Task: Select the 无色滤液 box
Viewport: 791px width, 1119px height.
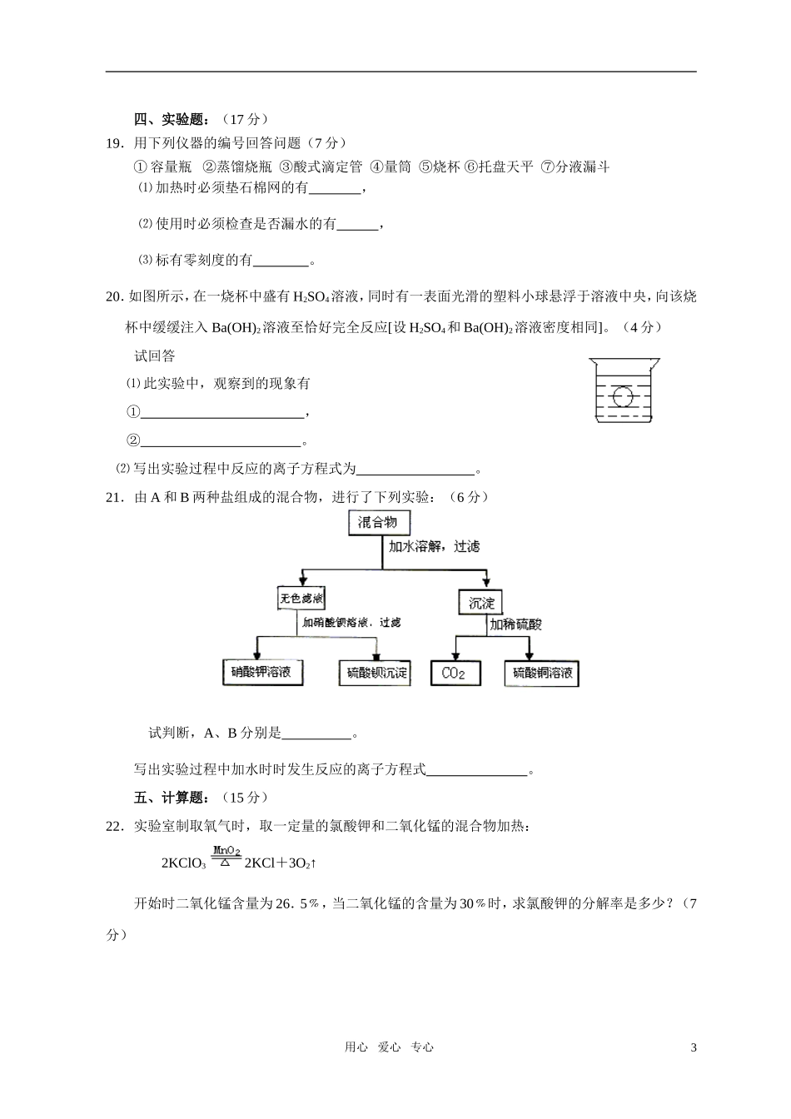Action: [301, 599]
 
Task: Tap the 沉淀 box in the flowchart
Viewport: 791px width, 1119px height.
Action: [481, 603]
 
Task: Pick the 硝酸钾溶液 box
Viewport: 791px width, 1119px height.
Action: [262, 673]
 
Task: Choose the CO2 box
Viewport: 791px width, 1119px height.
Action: [455, 674]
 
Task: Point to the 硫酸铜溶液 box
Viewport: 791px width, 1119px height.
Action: [541, 674]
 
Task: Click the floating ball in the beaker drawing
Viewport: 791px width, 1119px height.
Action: [622, 395]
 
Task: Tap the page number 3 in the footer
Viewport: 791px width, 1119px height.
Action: [693, 1047]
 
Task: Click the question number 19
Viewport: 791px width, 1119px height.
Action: [116, 143]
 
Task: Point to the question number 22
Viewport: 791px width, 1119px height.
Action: [116, 826]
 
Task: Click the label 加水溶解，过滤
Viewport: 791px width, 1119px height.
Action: [434, 547]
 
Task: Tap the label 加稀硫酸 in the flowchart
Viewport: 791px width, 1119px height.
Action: [515, 624]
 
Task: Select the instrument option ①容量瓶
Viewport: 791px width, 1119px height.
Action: [163, 167]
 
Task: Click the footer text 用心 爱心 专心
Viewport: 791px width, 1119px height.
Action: [389, 1047]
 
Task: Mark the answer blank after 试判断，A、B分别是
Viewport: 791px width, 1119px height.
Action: [316, 734]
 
